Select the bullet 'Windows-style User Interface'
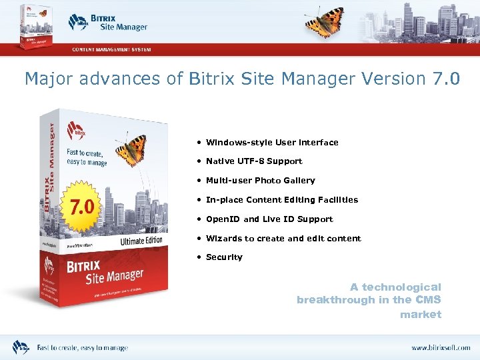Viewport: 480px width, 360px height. tap(272, 142)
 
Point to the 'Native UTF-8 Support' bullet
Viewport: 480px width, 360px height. tap(254, 161)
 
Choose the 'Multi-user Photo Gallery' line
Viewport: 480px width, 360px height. tap(261, 181)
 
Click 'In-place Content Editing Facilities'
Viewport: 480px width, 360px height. tap(282, 200)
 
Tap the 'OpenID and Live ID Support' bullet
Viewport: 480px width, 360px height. tap(269, 219)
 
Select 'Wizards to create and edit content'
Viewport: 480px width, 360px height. tap(283, 239)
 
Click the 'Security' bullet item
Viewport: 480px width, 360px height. tap(224, 257)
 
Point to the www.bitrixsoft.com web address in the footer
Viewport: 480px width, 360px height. tap(441, 348)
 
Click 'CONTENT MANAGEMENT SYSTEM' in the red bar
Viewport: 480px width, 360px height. tap(111, 49)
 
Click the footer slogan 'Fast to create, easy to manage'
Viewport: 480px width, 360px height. tap(82, 348)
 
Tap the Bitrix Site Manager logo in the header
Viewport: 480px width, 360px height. tap(107, 22)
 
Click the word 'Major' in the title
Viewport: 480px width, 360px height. tap(47, 79)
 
